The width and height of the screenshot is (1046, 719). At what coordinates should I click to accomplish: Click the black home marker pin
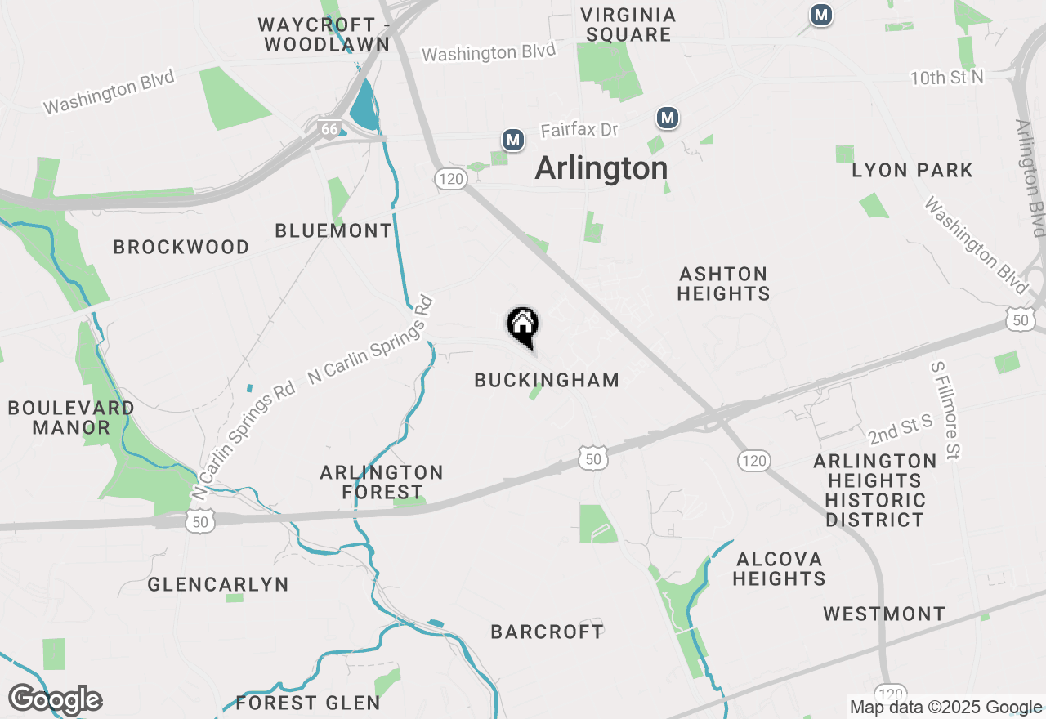(523, 326)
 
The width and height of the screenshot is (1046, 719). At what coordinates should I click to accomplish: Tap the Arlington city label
(601, 169)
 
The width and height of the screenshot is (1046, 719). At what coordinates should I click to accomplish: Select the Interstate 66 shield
(329, 130)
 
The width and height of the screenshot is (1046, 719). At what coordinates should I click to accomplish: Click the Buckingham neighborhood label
(547, 380)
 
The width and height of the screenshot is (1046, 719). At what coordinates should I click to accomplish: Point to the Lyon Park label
(912, 171)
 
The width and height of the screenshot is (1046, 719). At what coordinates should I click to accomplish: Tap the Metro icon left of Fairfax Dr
(513, 141)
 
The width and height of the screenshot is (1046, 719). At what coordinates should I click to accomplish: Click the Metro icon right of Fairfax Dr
(668, 118)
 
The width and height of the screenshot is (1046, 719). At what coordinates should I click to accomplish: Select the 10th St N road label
(948, 78)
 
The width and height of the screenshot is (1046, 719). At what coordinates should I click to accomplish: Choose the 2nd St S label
(901, 427)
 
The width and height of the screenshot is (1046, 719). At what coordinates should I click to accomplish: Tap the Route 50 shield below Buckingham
(593, 458)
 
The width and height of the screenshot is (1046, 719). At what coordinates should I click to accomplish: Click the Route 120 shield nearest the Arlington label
(450, 179)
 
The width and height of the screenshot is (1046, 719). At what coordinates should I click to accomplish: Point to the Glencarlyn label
(218, 584)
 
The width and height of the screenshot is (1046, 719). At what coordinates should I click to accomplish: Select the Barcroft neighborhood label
(547, 632)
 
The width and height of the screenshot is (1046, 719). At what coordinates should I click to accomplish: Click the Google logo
(55, 700)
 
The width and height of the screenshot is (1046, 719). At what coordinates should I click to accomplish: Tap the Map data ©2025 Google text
(945, 708)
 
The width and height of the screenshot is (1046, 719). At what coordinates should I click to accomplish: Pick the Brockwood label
(181, 247)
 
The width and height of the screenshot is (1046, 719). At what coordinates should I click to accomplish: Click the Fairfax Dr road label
(579, 130)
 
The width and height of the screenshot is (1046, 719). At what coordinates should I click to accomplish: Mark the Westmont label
(884, 614)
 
